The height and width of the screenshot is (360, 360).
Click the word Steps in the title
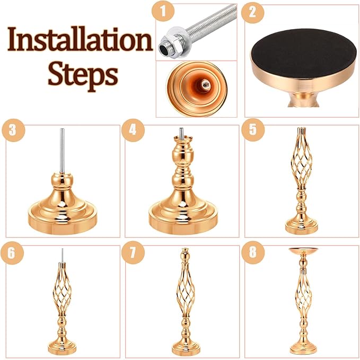[82, 75]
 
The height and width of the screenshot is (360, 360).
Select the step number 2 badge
[252, 13]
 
